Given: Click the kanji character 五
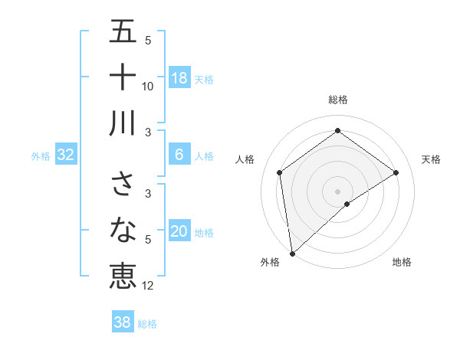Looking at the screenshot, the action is tap(123, 33).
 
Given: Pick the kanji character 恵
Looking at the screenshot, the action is tap(123, 274).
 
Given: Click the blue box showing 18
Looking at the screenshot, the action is tap(179, 78).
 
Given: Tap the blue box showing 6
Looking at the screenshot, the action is tap(179, 155).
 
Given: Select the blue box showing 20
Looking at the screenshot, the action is tap(179, 231).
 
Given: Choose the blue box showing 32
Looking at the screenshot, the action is tap(65, 155).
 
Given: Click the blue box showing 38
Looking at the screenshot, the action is tap(122, 322).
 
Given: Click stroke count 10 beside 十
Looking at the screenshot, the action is tap(148, 86).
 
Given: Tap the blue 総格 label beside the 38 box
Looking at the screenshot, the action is tap(147, 324).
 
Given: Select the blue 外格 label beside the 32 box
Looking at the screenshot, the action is tap(41, 156).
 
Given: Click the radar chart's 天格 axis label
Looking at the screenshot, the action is tap(431, 159).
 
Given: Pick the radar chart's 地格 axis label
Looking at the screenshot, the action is tap(402, 262).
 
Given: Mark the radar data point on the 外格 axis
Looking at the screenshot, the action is tap(292, 253).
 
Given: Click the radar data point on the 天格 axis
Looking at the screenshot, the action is tap(396, 172).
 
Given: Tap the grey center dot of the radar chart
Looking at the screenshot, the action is tap(337, 191).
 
